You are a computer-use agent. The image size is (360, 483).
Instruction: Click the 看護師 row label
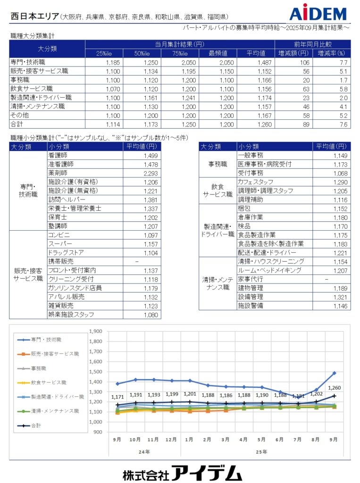(x=58, y=155)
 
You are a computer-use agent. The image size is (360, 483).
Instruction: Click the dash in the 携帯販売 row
(x=137, y=261)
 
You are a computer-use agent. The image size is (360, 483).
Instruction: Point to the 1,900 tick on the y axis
(x=96, y=331)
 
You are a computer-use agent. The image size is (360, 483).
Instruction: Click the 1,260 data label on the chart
(x=334, y=388)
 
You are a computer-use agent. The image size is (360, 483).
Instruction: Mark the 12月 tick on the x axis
(x=171, y=439)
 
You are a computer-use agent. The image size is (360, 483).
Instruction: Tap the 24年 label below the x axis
(x=144, y=451)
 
